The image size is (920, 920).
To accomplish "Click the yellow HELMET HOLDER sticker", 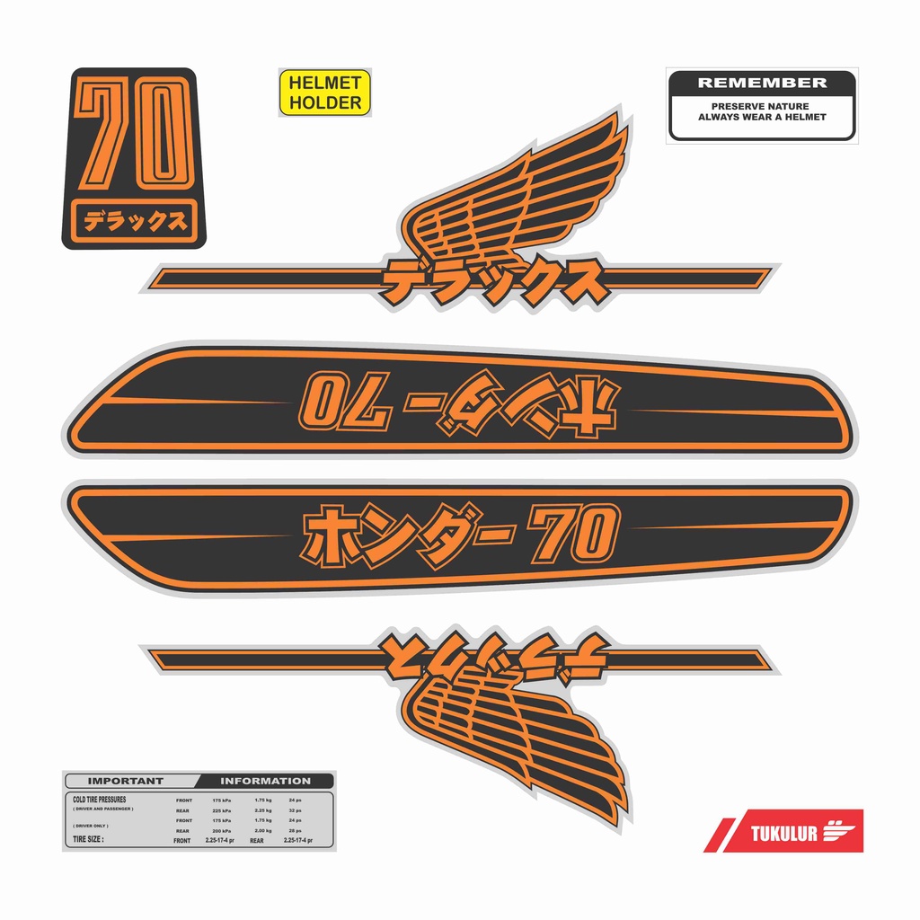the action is click(x=325, y=93).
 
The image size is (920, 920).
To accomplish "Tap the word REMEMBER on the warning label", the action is click(x=762, y=83).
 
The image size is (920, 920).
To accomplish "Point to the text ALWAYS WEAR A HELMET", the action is click(x=762, y=118).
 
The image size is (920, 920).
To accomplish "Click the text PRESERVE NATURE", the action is click(x=762, y=106).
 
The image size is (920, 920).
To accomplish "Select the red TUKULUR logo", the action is click(x=783, y=831).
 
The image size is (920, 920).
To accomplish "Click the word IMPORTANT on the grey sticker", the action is click(x=126, y=781).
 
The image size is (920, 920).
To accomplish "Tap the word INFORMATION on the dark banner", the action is click(x=265, y=781).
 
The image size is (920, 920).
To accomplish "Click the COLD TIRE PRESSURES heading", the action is click(x=100, y=799).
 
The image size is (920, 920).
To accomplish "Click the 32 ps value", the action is click(x=296, y=810).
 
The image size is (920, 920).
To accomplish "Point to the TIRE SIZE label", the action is click(x=88, y=840).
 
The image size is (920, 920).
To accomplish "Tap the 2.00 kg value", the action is click(x=262, y=831).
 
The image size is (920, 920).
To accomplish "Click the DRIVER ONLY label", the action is click(x=92, y=825).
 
